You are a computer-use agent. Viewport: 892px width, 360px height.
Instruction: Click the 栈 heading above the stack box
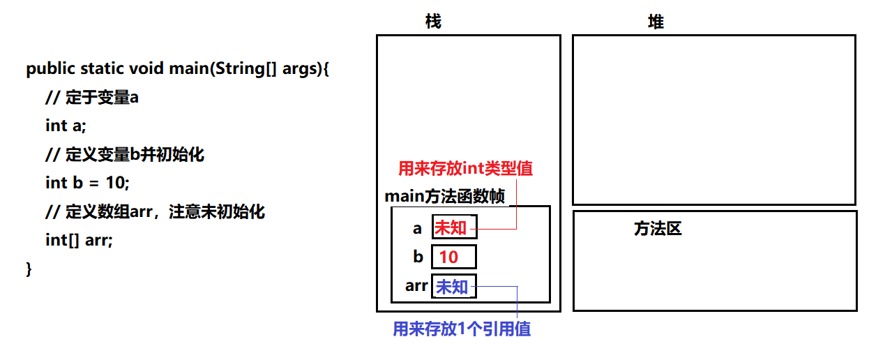point(433,22)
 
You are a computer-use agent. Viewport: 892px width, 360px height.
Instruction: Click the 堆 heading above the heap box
point(656,22)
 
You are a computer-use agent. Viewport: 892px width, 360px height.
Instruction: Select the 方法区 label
point(657,228)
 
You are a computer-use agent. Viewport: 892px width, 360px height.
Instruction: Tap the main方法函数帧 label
point(445,197)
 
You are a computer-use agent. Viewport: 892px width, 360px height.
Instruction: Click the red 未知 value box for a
point(454,227)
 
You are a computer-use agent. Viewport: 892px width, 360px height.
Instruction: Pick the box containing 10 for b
point(454,257)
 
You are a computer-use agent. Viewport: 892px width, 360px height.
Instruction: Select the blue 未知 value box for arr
point(454,286)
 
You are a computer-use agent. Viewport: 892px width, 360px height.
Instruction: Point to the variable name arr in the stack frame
point(416,285)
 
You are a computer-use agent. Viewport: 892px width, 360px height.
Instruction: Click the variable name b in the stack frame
point(418,257)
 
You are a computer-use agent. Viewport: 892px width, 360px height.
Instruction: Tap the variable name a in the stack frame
point(418,228)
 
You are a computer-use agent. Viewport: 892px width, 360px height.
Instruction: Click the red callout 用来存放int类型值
point(465,168)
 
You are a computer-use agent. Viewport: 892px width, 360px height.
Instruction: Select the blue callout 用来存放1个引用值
point(462,329)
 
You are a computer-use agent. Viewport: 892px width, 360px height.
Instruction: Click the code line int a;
point(66,126)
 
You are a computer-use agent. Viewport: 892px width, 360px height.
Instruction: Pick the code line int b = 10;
point(88,183)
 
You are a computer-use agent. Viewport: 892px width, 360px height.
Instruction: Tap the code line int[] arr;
point(79,240)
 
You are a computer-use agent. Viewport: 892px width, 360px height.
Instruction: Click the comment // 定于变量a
point(92,98)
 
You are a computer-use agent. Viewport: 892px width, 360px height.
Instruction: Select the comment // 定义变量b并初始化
point(125,154)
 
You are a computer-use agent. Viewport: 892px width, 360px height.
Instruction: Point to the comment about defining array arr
point(155,211)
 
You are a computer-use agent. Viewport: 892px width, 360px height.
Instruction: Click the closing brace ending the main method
point(29,269)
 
